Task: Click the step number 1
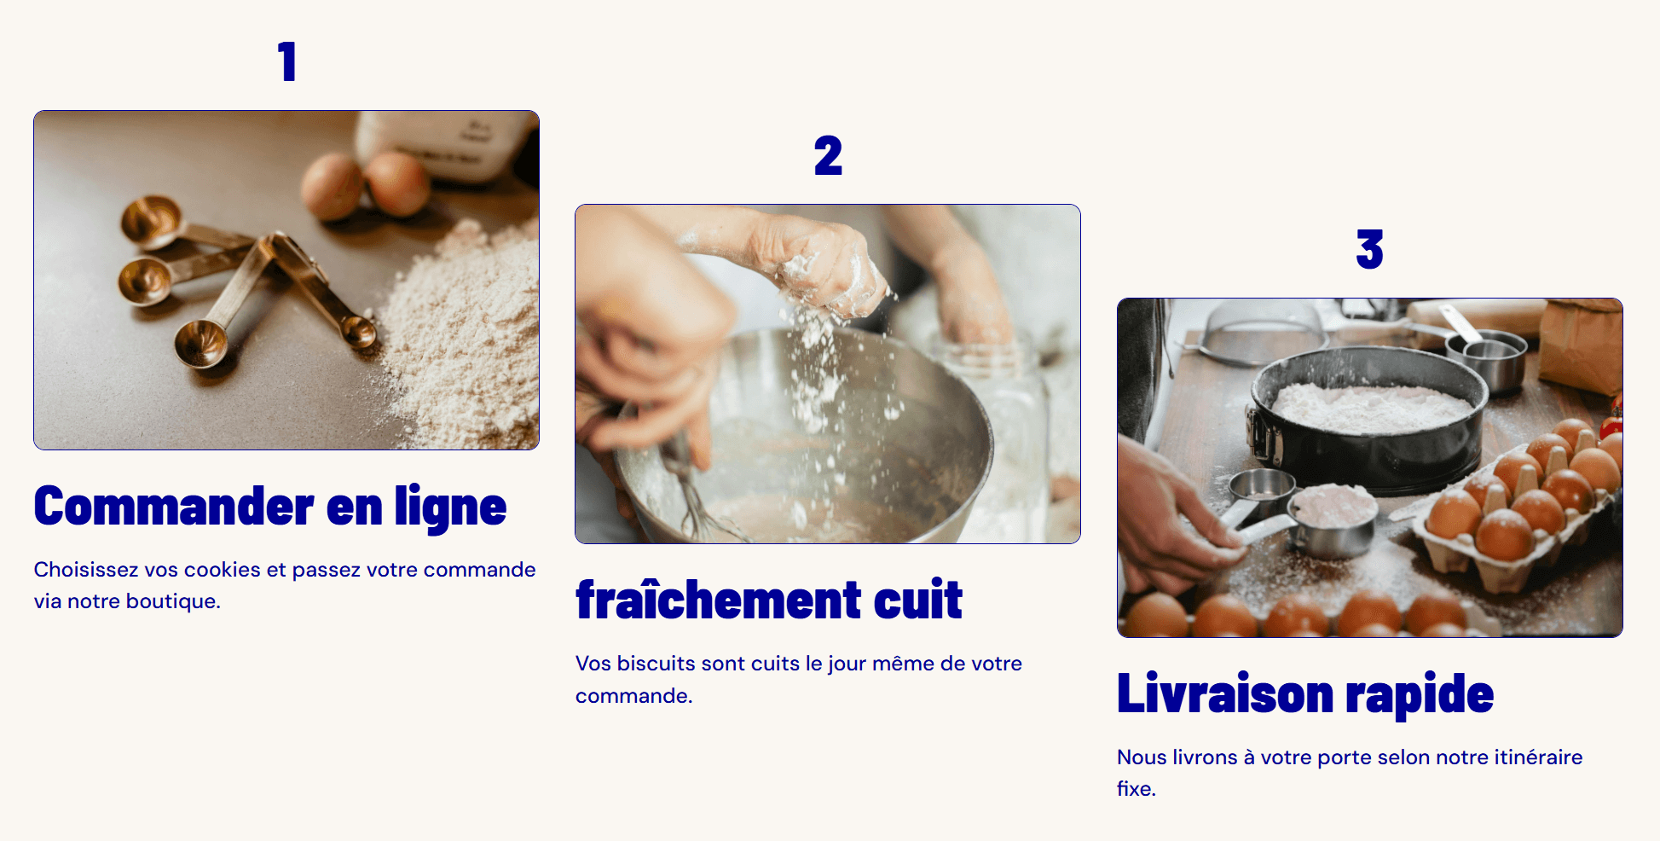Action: pos(287,61)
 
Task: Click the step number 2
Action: pos(828,155)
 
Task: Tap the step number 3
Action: pos(1369,249)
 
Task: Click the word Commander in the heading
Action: pos(174,507)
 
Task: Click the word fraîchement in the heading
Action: pos(720,600)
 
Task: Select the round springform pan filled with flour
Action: pos(1368,418)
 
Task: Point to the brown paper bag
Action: pos(1582,345)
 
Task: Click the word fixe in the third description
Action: pos(1135,789)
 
